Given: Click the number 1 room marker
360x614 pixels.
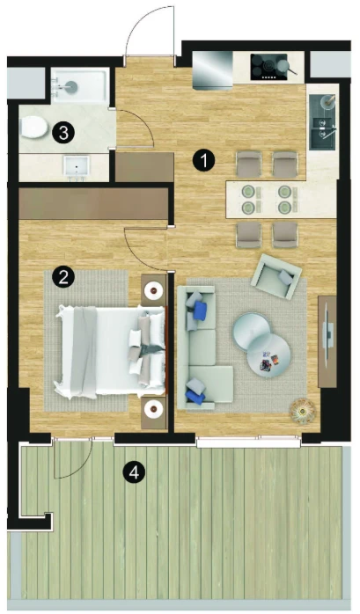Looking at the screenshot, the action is [204, 160].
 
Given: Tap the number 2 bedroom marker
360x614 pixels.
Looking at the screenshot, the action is [63, 277].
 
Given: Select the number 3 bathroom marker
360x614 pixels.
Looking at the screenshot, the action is [63, 132].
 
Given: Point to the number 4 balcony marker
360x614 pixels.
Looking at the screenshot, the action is [134, 472].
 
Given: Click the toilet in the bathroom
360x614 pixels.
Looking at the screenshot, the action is [33, 128].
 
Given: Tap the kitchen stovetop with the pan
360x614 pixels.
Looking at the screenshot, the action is [273, 68].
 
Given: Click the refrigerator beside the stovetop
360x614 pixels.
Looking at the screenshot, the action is [213, 69].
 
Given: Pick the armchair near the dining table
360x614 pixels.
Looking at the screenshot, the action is [276, 276].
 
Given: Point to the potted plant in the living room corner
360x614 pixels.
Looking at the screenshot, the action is [303, 411].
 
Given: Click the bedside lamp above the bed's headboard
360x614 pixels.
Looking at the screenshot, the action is [154, 290].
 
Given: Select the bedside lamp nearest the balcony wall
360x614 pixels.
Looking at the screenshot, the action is [154, 409].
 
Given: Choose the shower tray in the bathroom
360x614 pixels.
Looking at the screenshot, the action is [80, 85].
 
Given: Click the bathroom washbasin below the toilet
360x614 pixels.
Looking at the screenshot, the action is [77, 168].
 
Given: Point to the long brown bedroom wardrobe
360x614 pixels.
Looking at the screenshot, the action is [93, 203].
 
